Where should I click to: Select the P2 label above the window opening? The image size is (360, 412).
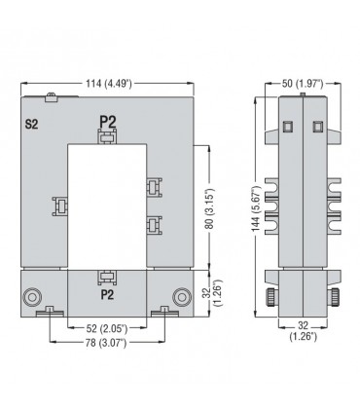pos(107,121)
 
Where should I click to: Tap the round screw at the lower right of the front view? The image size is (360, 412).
pos(180,296)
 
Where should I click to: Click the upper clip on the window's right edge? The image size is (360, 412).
pos(153,186)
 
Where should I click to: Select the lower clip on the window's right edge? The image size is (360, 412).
pos(153,225)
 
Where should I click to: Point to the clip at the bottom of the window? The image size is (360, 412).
pos(107,277)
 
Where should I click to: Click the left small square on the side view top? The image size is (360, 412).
pos(287,127)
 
